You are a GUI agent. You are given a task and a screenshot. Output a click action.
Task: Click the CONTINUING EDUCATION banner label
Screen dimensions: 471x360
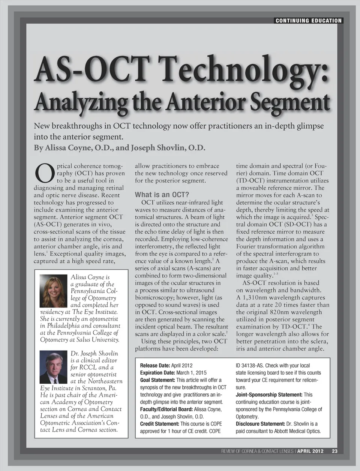coord(308,21)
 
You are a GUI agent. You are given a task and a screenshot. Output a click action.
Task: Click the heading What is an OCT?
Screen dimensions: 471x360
coord(162,195)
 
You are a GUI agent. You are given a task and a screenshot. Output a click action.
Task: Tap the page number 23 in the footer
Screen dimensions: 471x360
coord(334,451)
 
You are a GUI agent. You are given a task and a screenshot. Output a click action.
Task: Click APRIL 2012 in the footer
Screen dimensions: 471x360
coord(310,451)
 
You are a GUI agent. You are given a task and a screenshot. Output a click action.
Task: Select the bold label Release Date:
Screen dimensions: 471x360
coord(155,365)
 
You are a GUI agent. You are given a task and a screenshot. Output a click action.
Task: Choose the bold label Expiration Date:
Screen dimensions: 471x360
coord(157,373)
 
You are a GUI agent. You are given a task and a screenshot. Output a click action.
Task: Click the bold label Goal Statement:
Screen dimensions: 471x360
coord(157,380)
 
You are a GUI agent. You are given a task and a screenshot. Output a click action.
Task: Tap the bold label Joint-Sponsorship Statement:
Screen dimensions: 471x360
coord(269,394)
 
